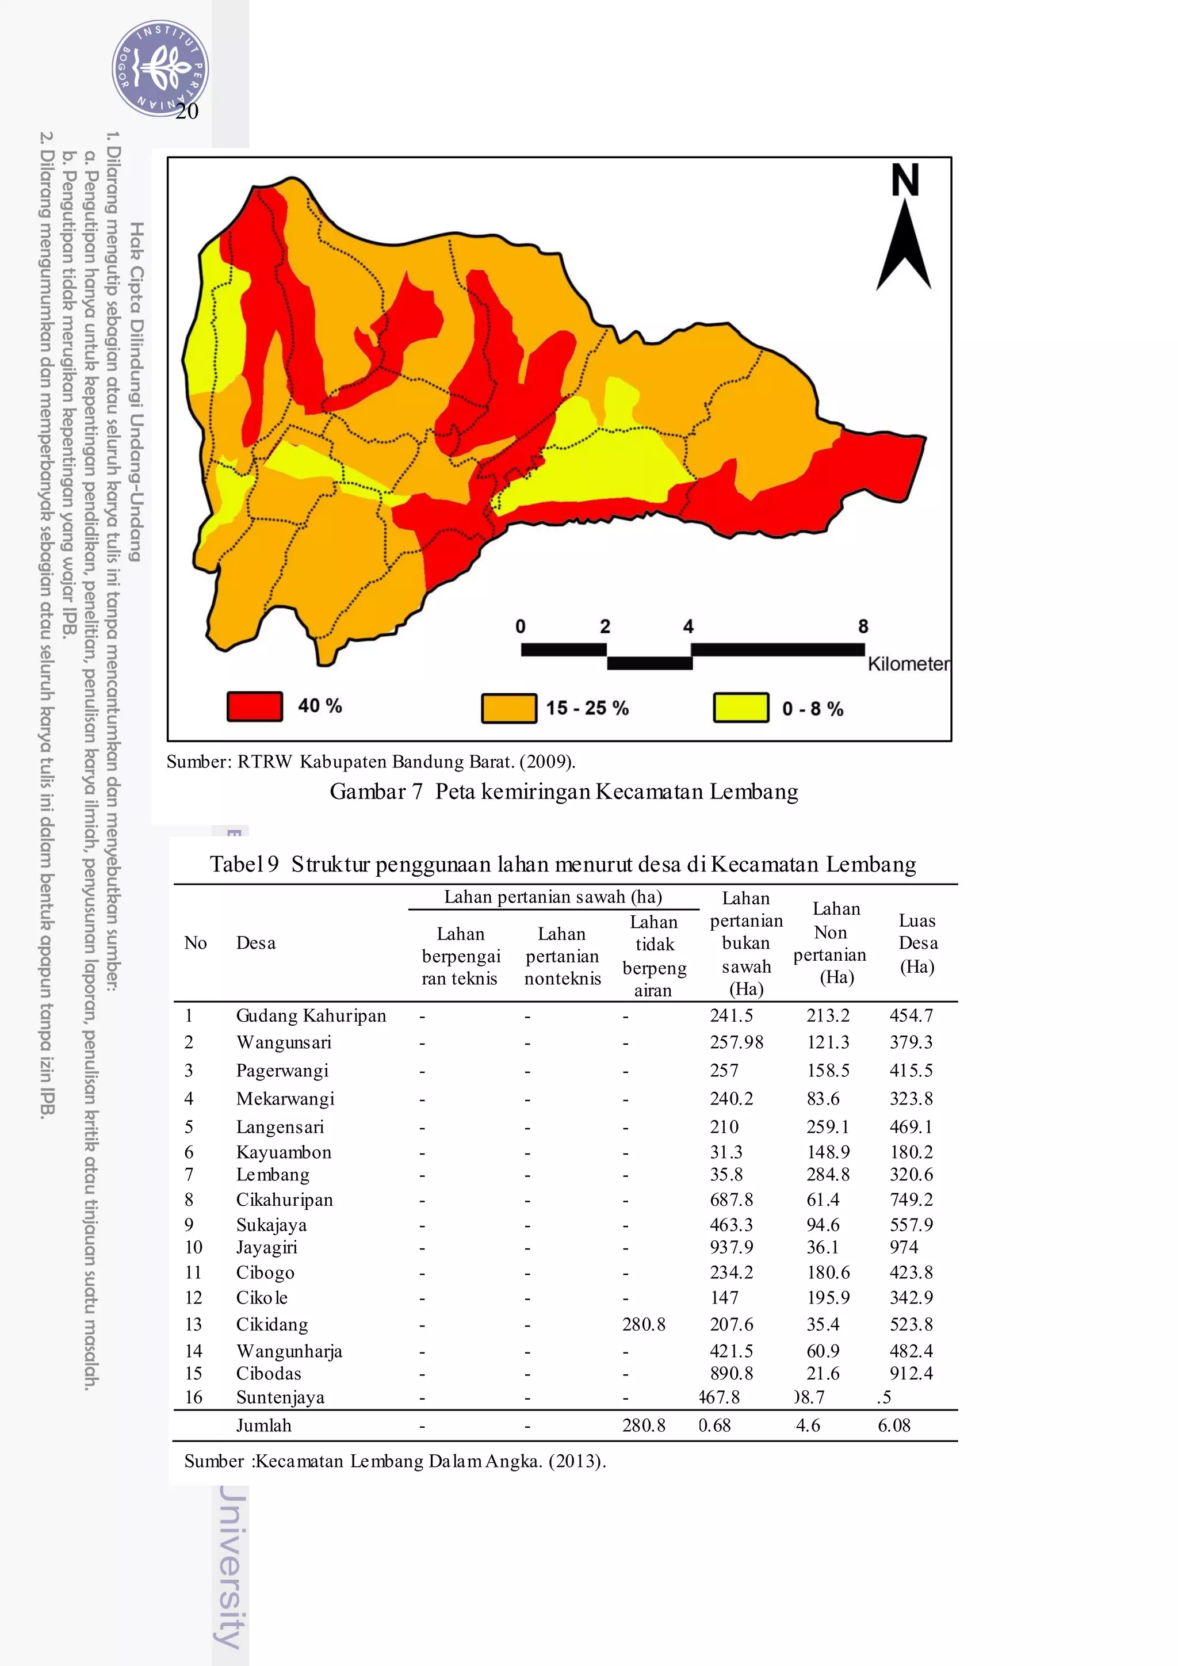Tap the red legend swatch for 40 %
click(255, 706)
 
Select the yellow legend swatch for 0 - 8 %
click(741, 708)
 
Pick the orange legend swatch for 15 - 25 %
click(508, 708)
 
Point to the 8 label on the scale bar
click(862, 626)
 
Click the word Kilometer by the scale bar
click(908, 664)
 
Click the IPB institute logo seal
click(160, 69)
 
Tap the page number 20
click(187, 111)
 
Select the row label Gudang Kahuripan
click(311, 1015)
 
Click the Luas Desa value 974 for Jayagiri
click(904, 1247)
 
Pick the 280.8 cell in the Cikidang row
click(644, 1324)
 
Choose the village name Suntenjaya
click(280, 1397)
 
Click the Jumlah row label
click(263, 1425)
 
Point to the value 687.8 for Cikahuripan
click(731, 1199)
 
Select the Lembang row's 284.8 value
click(828, 1174)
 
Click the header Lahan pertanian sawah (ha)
click(553, 897)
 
